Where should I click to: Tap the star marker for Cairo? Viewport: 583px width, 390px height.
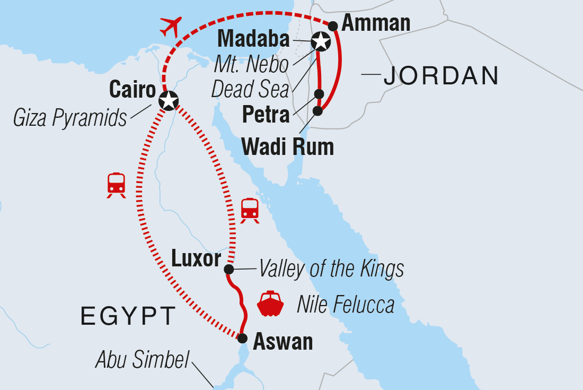click(x=168, y=100)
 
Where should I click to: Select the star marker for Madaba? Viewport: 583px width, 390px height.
click(x=320, y=40)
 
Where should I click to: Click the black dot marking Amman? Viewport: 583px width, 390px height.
click(x=333, y=25)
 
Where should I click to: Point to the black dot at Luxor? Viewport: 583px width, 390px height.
click(x=229, y=269)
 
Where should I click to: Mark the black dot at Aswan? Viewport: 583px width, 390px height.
click(x=242, y=338)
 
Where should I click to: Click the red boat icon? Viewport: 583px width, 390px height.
click(x=270, y=304)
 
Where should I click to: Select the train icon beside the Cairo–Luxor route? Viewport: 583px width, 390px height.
click(x=250, y=210)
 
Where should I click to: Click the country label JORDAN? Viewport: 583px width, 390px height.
click(x=441, y=76)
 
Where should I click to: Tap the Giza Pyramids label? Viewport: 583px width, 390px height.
click(x=70, y=118)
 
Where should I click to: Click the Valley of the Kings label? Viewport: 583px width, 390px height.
click(x=331, y=269)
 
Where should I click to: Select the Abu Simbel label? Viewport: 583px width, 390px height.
click(x=142, y=360)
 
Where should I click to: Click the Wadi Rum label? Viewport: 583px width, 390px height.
click(x=288, y=146)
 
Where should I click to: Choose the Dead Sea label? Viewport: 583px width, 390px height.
click(x=250, y=89)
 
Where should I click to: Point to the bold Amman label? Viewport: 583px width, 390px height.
click(x=376, y=23)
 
